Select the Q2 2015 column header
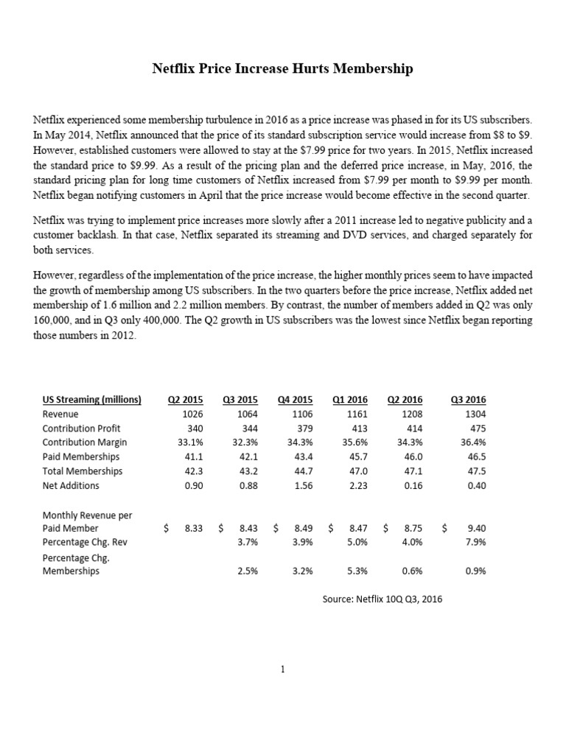pyautogui.click(x=186, y=400)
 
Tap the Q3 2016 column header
pyautogui.click(x=468, y=400)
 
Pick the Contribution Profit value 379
pyautogui.click(x=302, y=428)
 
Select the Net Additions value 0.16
pyautogui.click(x=413, y=485)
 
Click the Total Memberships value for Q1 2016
pyautogui.click(x=357, y=471)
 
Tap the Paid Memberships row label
pyautogui.click(x=82, y=457)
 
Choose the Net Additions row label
pyautogui.click(x=71, y=485)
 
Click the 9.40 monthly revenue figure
pyautogui.click(x=476, y=528)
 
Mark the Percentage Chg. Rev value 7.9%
pyautogui.click(x=475, y=542)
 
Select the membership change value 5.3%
pyautogui.click(x=356, y=571)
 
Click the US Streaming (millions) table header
pyautogui.click(x=91, y=400)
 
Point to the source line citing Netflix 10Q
pyautogui.click(x=382, y=599)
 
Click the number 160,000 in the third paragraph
pyautogui.click(x=54, y=321)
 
